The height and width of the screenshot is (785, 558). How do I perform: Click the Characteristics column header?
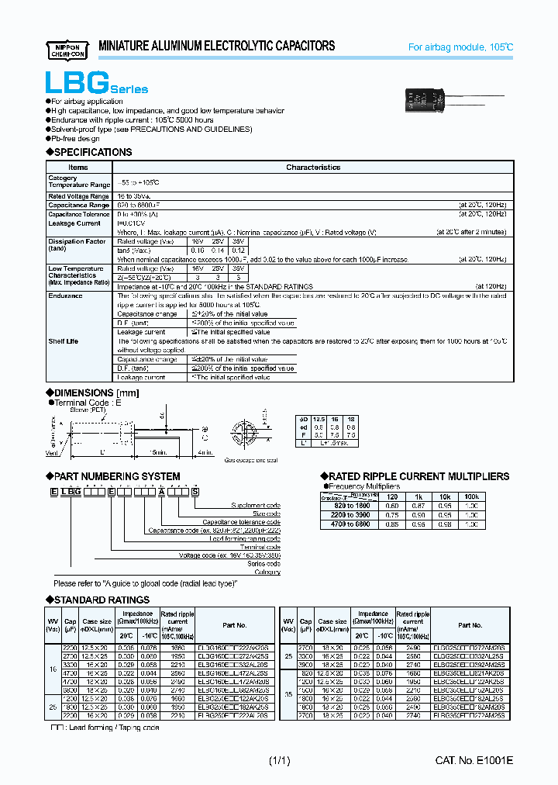(313, 168)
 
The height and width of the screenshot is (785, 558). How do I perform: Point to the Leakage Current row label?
(74, 223)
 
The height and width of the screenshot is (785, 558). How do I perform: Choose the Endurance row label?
(65, 296)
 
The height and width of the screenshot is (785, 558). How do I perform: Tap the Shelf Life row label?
(64, 341)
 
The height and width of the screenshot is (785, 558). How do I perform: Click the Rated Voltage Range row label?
(78, 197)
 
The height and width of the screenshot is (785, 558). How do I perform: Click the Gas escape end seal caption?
(251, 460)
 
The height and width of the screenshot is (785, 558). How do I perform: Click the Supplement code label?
(256, 506)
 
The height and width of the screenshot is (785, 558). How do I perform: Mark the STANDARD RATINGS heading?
(102, 600)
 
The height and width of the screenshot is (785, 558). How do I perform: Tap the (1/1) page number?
(279, 762)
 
